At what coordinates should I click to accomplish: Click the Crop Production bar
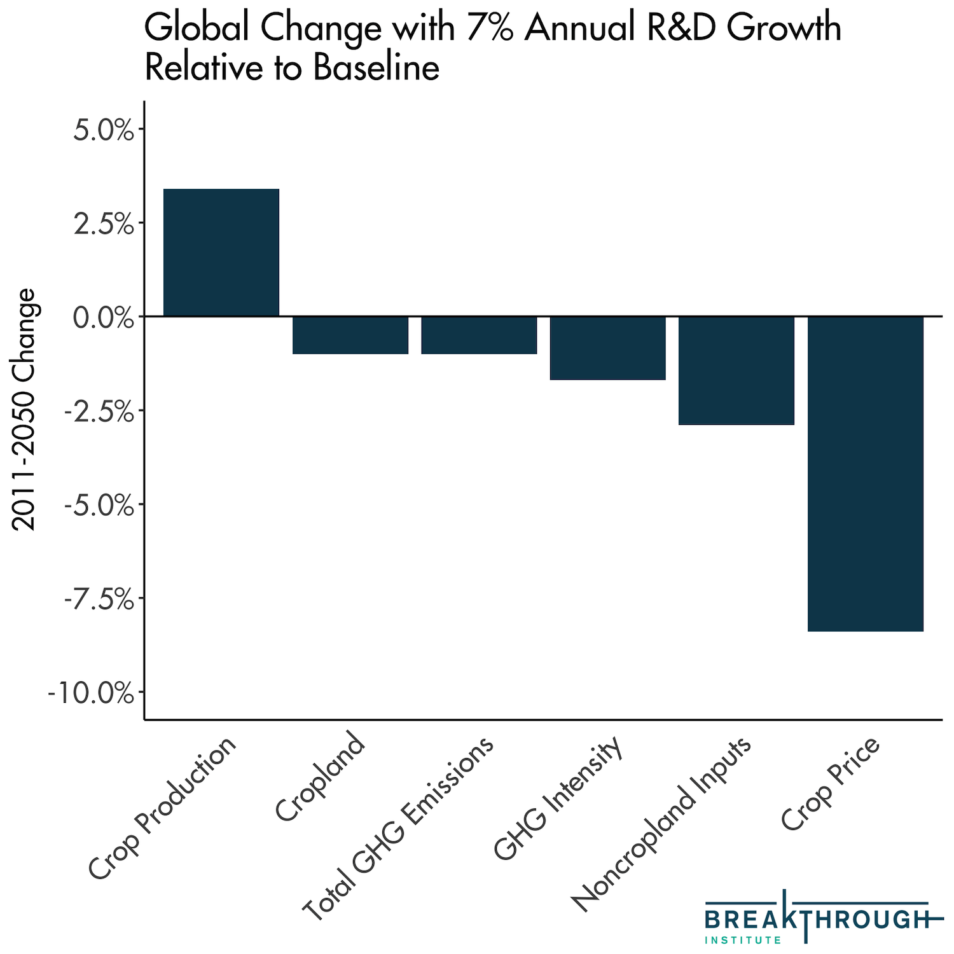(221, 252)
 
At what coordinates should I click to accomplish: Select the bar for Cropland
(350, 335)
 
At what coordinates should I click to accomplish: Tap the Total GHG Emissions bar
(479, 335)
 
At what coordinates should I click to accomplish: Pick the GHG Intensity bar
(607, 348)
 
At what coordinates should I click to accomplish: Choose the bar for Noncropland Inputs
(736, 370)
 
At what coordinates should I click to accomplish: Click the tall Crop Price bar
(865, 474)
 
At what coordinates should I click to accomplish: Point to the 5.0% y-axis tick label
(104, 131)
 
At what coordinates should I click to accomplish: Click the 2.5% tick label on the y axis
(104, 225)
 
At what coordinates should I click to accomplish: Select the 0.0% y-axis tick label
(104, 317)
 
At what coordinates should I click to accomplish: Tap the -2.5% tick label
(99, 411)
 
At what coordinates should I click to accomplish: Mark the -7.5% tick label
(99, 599)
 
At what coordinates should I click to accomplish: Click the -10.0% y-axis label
(91, 693)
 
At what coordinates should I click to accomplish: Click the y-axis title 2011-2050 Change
(25, 410)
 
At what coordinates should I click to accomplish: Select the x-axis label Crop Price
(831, 784)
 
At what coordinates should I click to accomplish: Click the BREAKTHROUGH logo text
(817, 919)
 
